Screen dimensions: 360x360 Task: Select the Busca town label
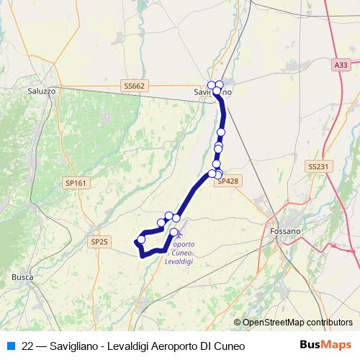22,276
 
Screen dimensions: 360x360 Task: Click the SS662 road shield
134,86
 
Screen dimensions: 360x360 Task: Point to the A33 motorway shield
341,65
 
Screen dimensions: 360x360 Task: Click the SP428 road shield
227,181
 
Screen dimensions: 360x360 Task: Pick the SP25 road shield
99,242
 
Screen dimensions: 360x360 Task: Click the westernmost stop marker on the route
141,239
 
